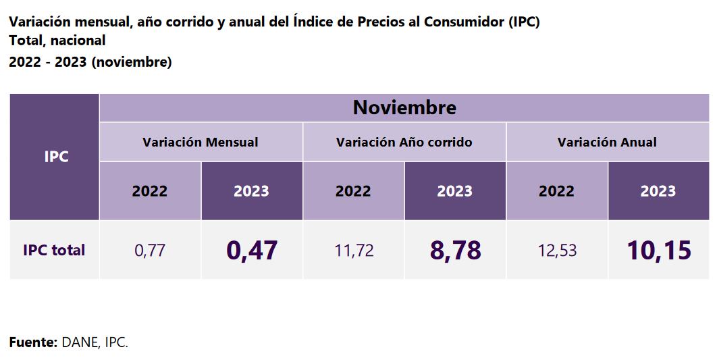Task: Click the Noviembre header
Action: (404, 107)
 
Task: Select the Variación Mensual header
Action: (201, 143)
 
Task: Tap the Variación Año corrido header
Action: (404, 143)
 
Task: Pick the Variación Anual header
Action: (607, 143)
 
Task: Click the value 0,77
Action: (150, 251)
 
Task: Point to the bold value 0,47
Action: (252, 251)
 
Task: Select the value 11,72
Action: (354, 251)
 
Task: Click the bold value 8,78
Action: (455, 251)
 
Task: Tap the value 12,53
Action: (557, 251)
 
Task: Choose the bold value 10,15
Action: (658, 251)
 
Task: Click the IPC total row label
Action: (54, 251)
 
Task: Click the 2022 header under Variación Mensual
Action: (150, 191)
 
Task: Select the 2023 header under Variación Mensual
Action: (252, 191)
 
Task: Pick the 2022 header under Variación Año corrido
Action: (354, 191)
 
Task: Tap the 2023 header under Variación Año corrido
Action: (455, 191)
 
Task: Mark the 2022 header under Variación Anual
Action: (557, 191)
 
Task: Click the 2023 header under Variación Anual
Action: (658, 191)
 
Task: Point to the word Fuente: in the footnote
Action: (33, 342)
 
